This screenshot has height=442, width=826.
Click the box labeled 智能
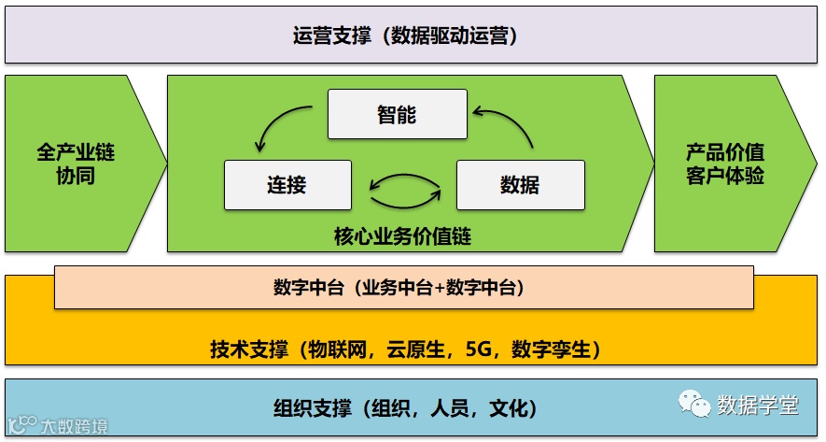point(397,114)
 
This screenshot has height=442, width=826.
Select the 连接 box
point(287,184)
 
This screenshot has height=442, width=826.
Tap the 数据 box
point(520,184)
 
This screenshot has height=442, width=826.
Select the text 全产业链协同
point(76,163)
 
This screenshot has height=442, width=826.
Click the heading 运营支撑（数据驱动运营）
point(404,36)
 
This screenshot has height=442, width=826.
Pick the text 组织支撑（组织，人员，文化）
point(404,407)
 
